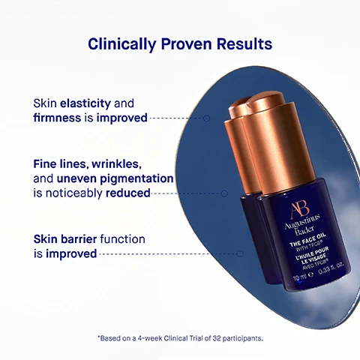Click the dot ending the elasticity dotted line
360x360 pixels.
[207, 118]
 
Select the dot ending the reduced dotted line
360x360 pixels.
[223, 193]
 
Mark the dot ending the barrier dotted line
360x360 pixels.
[240, 253]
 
